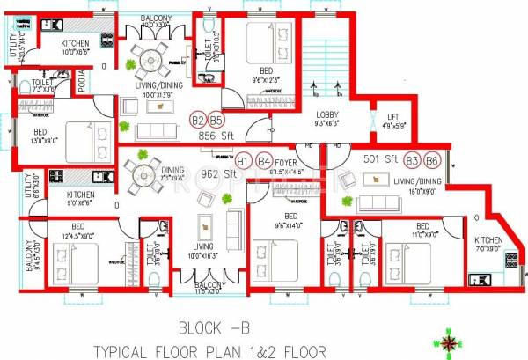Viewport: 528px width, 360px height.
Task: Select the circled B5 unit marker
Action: (x=215, y=121)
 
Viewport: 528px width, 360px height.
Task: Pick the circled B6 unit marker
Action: (x=431, y=160)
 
